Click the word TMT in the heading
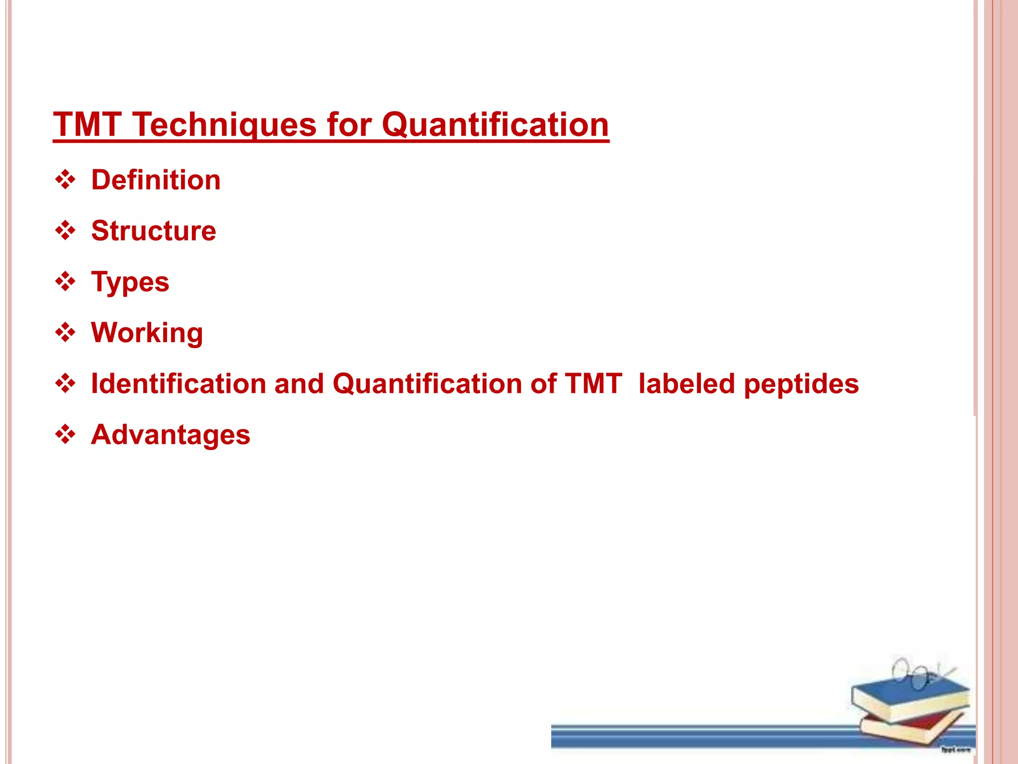tap(87, 124)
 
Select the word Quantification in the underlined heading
tap(495, 124)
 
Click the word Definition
tap(156, 180)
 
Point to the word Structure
tap(154, 231)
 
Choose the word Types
tap(130, 283)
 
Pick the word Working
tap(147, 333)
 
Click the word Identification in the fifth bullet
tap(179, 384)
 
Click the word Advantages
tap(170, 435)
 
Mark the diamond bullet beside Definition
tap(66, 180)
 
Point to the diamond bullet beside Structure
tap(66, 231)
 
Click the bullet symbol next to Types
tap(66, 282)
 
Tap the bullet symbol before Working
tap(66, 333)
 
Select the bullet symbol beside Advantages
tap(66, 435)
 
